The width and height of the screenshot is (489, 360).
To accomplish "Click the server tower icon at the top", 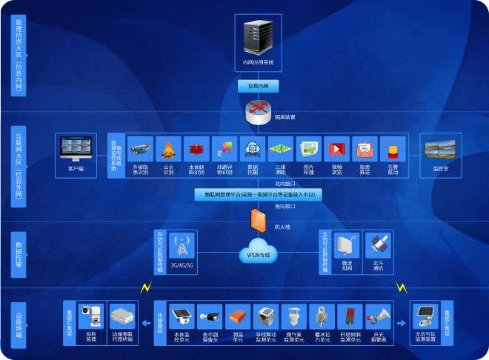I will pos(258,37).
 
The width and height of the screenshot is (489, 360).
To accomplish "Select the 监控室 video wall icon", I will pos(440,150).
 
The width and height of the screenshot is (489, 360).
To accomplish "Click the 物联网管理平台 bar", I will pos(254,194).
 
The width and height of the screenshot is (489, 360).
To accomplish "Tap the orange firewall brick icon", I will pos(257,219).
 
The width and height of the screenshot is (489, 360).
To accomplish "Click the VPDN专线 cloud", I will pos(258,251).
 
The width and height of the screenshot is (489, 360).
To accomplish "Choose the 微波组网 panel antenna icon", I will pos(347,244).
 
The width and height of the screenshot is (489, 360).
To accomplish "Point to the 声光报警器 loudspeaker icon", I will pos(377,317).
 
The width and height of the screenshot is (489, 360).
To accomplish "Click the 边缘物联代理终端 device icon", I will pos(122,317).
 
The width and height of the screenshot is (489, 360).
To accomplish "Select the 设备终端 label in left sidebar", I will pos(17,322).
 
